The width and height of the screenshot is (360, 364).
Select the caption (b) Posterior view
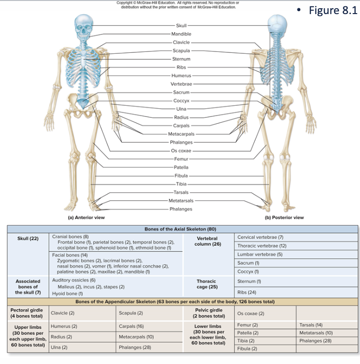click(284, 217)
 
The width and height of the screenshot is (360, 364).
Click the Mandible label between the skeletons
click(182, 34)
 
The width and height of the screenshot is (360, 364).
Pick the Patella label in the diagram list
click(181, 167)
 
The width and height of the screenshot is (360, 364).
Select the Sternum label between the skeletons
click(181, 59)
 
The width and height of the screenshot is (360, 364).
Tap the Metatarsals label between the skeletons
click(181, 200)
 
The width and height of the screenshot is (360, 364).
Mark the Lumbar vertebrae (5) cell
click(260, 254)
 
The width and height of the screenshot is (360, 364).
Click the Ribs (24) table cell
click(247, 293)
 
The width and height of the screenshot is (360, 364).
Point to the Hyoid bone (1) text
click(67, 294)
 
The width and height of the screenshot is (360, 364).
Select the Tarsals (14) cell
click(311, 325)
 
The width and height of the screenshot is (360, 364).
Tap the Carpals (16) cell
click(131, 327)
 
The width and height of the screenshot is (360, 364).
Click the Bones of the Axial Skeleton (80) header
click(180, 229)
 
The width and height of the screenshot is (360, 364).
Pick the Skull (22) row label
click(28, 238)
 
